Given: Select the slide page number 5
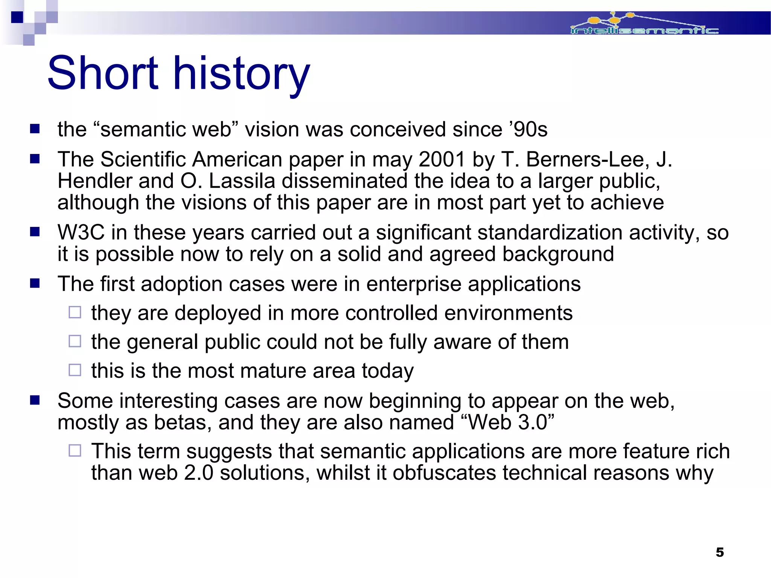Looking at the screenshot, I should (x=719, y=552).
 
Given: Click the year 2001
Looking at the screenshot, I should (x=442, y=160).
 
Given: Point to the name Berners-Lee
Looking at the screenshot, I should (x=588, y=160).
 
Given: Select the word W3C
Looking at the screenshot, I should (x=81, y=232).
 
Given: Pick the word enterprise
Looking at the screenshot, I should (x=414, y=284).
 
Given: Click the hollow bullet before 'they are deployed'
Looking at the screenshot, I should (x=75, y=312).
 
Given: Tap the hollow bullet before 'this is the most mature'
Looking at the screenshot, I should (x=75, y=370).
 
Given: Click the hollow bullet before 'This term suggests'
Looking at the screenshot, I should (x=75, y=450).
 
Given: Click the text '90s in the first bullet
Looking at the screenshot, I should (x=528, y=130).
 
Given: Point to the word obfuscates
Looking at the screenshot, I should (x=444, y=473).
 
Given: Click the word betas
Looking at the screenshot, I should (x=180, y=422).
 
